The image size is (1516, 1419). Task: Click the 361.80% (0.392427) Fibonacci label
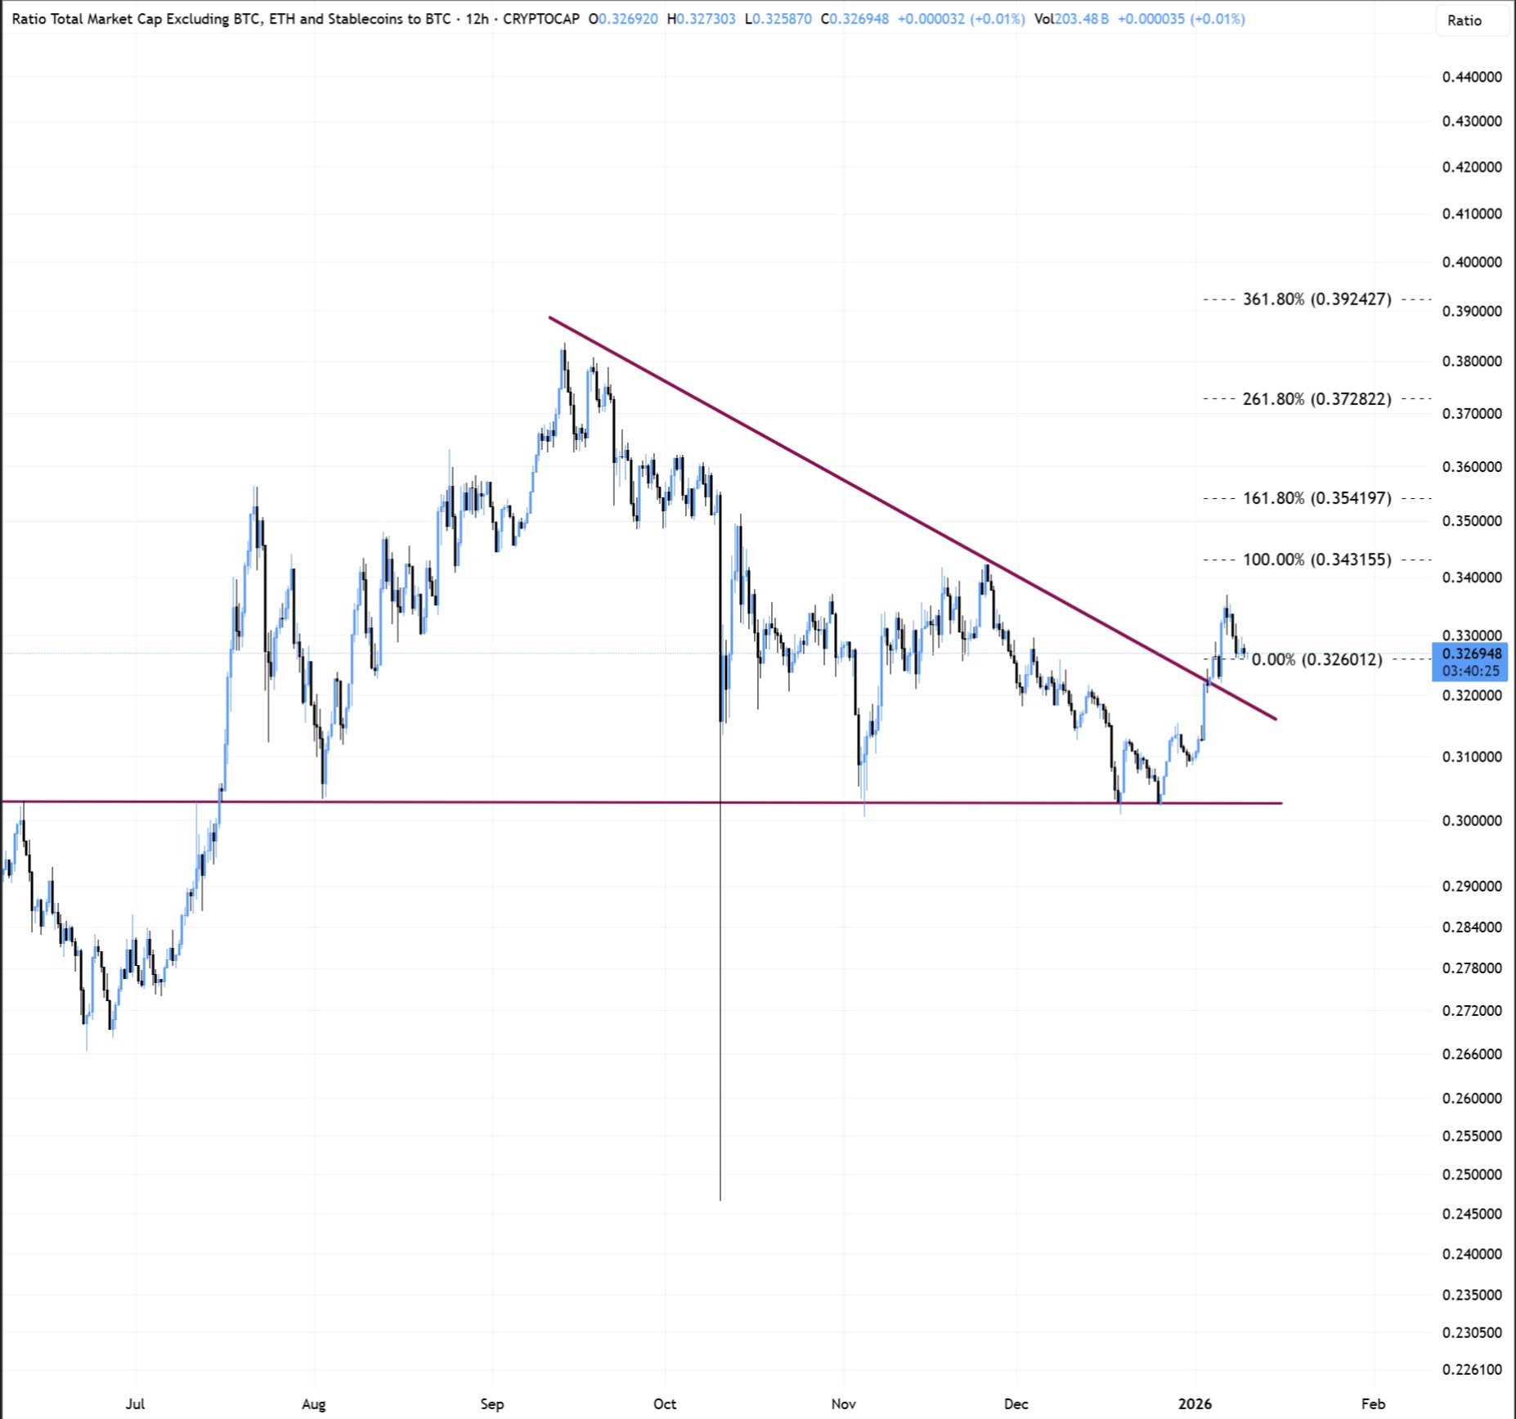tap(1316, 299)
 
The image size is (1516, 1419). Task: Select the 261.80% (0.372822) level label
tap(1316, 399)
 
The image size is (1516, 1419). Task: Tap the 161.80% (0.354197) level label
tap(1316, 498)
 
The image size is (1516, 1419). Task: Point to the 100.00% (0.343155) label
tap(1316, 560)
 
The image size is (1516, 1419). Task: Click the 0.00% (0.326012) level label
tap(1316, 659)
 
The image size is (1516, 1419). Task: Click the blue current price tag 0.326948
tap(1471, 654)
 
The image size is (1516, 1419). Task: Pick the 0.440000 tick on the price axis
tap(1472, 77)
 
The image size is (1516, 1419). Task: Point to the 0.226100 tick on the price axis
tap(1472, 1369)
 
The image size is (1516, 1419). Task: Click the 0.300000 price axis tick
tap(1472, 820)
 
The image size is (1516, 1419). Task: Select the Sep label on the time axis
tap(491, 1403)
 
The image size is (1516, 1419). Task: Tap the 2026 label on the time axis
tap(1195, 1403)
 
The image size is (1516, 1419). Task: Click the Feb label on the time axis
tap(1373, 1403)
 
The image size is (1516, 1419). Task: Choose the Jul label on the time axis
tap(135, 1403)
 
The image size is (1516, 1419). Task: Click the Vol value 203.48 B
tap(1081, 19)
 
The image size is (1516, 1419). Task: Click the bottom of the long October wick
tap(720, 1199)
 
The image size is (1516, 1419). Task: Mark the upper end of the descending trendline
tap(550, 317)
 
